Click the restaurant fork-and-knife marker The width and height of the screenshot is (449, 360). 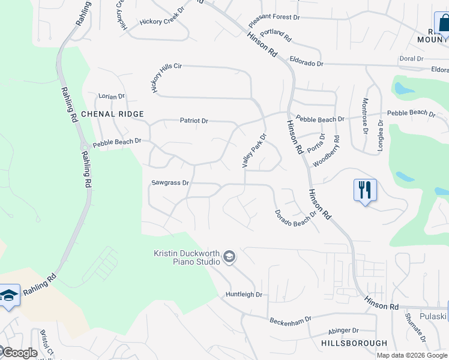(x=365, y=190)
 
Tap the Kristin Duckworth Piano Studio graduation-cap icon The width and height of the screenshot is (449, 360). (x=229, y=257)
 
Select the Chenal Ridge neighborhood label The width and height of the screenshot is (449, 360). (x=112, y=114)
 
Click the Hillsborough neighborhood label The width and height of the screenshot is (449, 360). (x=354, y=343)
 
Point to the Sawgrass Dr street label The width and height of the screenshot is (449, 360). (x=170, y=182)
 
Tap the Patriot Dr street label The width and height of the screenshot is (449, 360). (x=194, y=121)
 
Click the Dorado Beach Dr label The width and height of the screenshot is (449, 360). (x=295, y=221)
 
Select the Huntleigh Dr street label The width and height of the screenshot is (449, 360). (x=244, y=295)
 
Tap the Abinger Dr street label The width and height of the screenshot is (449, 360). (x=343, y=331)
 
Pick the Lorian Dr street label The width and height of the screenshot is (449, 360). (x=112, y=96)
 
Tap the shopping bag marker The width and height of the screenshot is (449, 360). (x=443, y=24)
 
